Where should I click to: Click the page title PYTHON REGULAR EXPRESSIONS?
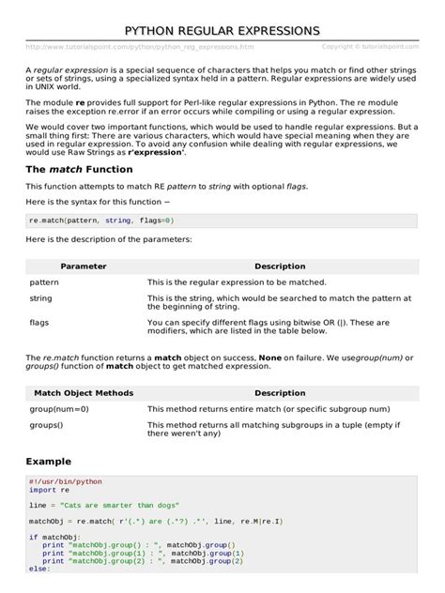point(222,31)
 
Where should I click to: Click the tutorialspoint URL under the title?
point(140,46)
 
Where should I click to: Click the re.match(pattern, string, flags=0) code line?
point(101,220)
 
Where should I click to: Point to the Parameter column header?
point(84,266)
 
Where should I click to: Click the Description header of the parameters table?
point(280,266)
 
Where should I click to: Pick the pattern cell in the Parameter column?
point(44,281)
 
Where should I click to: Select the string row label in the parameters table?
point(40,297)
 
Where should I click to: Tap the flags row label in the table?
point(39,321)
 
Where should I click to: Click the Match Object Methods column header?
point(84,393)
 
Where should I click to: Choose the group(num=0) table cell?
point(59,409)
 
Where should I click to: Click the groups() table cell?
point(47,425)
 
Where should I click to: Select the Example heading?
point(48,463)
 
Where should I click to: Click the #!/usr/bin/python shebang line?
point(65,481)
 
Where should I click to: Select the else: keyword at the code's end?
point(38,568)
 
